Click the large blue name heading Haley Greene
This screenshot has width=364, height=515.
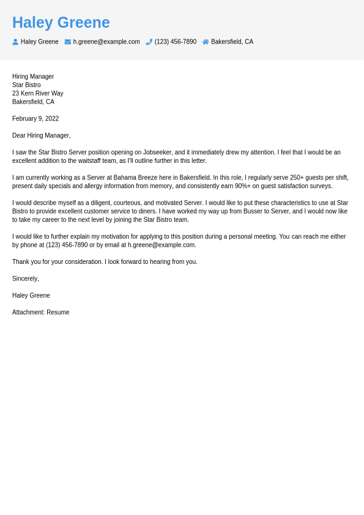[x=61, y=23]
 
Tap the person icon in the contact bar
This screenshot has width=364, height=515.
[x=15, y=42]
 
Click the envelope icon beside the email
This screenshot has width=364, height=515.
[x=68, y=42]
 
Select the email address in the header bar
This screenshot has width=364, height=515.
[x=106, y=42]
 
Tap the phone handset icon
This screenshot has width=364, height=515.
[x=149, y=42]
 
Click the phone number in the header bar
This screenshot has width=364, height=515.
[x=176, y=42]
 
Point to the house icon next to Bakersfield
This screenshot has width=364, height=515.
[x=206, y=42]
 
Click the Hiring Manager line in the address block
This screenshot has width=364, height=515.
[x=33, y=77]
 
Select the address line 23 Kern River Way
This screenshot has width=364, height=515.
[x=38, y=94]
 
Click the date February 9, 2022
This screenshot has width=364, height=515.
[x=35, y=119]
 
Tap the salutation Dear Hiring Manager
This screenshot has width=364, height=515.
[x=42, y=135]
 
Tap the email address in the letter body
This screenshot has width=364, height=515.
[x=162, y=245]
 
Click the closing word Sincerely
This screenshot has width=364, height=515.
[x=26, y=279]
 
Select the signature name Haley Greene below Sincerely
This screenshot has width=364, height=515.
[x=31, y=295]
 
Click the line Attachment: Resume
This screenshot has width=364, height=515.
[x=41, y=312]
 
